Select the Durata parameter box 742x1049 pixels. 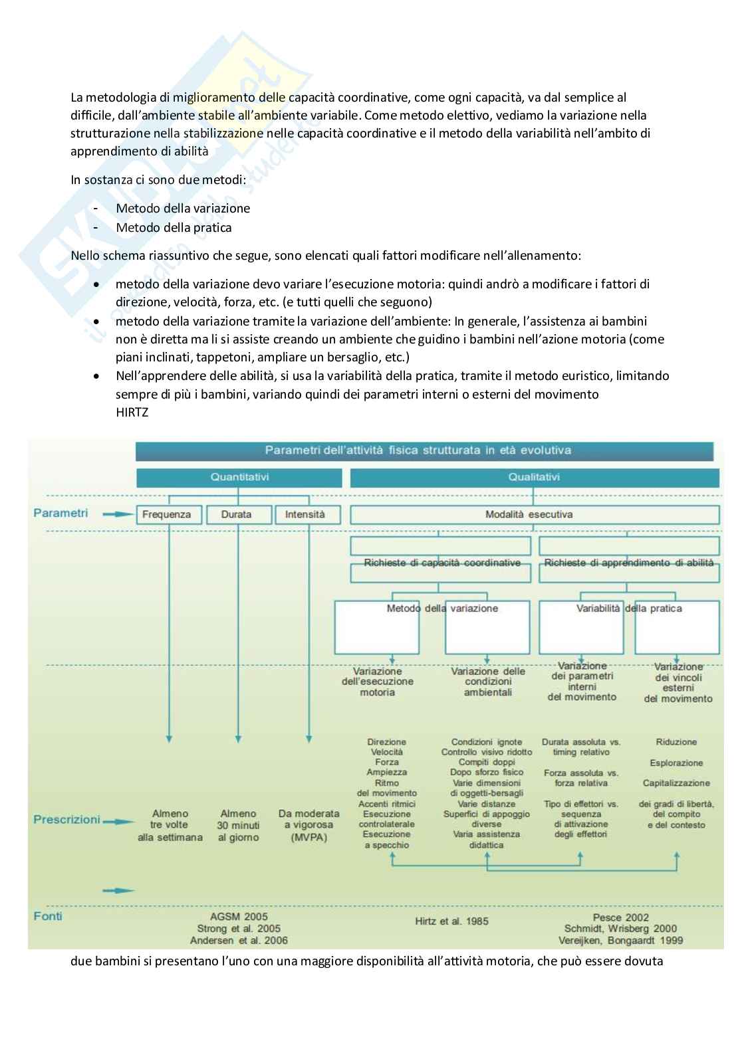pos(238,515)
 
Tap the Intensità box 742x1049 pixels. pos(309,515)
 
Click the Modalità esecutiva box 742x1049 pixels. pos(534,515)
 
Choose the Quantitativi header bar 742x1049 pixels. pos(239,477)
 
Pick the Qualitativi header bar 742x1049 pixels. pos(534,477)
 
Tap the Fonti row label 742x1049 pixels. pos(48,916)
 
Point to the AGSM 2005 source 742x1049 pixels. pos(239,917)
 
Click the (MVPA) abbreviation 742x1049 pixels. pos(309,838)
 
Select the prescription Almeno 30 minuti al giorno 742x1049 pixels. pos(238,825)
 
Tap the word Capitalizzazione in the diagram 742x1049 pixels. pos(676,783)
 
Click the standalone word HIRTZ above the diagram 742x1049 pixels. pos(131,413)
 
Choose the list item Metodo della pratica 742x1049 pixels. pos(174,227)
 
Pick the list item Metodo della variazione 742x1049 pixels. pos(183,208)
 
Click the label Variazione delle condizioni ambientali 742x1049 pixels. pos(487,682)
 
